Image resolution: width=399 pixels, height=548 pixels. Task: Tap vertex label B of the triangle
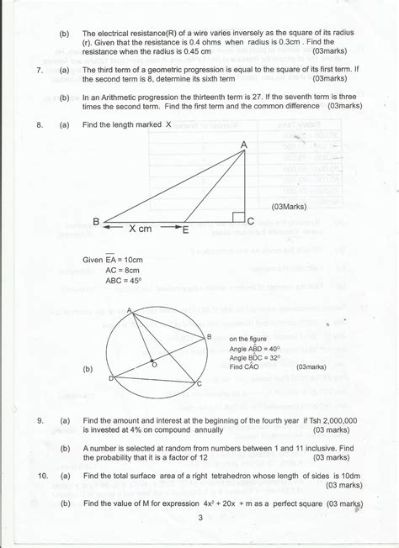pyautogui.click(x=96, y=221)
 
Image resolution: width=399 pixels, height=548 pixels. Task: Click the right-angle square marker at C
pyautogui.click(x=238, y=218)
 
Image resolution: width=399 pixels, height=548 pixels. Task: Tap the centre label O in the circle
pyautogui.click(x=153, y=365)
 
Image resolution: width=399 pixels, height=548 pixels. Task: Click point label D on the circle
pyautogui.click(x=111, y=379)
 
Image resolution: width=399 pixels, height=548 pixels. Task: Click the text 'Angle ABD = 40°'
pyautogui.click(x=257, y=348)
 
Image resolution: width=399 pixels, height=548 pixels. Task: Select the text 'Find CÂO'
pyautogui.click(x=247, y=367)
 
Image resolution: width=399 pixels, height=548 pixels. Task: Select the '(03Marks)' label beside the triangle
pyautogui.click(x=290, y=207)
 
